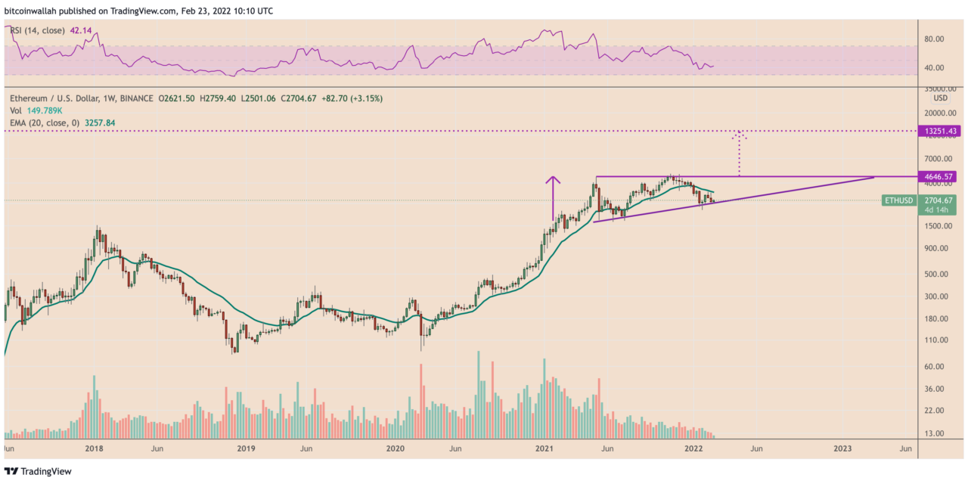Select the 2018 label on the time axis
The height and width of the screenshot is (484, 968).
pos(94,448)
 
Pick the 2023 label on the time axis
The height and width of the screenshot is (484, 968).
pos(842,448)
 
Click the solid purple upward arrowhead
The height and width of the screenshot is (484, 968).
pos(554,180)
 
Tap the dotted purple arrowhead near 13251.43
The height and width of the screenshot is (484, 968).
pos(739,136)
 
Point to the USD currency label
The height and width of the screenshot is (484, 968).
pos(940,98)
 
